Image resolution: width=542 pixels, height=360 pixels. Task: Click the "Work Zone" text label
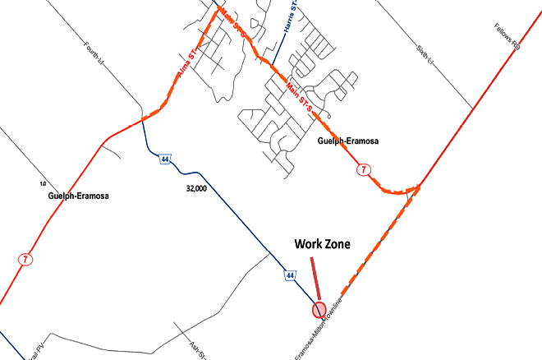(322, 245)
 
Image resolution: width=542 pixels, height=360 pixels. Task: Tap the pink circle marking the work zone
(319, 309)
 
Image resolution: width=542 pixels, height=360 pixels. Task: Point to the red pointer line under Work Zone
(315, 281)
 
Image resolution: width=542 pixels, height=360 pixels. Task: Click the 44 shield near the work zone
(291, 275)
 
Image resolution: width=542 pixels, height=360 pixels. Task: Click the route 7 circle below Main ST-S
(364, 169)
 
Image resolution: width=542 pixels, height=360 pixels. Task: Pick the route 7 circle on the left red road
(25, 259)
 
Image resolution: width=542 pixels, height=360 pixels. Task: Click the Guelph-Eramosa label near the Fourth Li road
(79, 196)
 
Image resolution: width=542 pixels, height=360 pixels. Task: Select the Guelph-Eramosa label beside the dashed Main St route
(347, 141)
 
